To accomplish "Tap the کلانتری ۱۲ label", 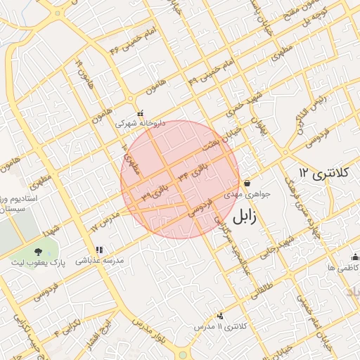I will (x=323, y=172).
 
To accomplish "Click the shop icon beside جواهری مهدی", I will (x=247, y=183).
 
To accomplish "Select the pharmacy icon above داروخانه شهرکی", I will (x=141, y=112).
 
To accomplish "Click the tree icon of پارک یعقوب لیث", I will (x=38, y=252).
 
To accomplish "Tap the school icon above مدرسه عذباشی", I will (x=99, y=250).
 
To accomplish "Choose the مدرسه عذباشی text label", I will (x=104, y=260).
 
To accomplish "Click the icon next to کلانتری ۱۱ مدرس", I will (x=221, y=316).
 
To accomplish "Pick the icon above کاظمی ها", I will (x=354, y=256).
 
